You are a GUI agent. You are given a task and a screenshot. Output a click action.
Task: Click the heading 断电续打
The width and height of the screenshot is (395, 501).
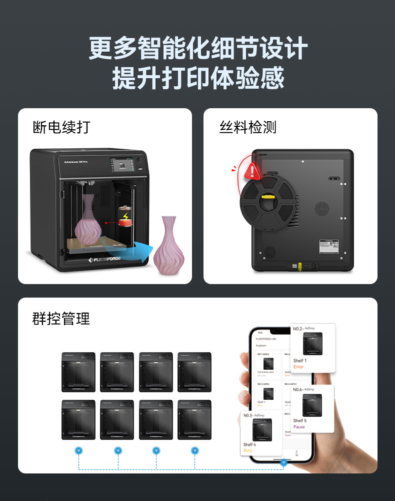tap(61, 127)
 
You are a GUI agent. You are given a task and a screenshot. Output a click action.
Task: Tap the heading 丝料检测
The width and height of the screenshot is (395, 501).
tap(247, 127)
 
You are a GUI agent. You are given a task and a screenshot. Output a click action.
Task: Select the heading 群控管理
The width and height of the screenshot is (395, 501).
tap(61, 319)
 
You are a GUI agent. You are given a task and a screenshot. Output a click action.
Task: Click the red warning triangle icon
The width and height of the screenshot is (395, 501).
tap(253, 171)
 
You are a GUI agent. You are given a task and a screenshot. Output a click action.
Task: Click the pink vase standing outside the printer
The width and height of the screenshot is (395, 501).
tap(168, 245)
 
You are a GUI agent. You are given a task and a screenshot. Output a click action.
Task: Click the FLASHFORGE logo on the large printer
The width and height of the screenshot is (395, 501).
tap(107, 260)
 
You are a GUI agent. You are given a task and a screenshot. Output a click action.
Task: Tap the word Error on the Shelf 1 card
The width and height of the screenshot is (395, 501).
tap(298, 367)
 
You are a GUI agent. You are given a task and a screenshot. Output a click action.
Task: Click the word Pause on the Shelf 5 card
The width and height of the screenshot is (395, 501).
tap(299, 427)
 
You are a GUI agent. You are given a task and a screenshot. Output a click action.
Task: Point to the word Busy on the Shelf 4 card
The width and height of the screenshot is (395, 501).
tap(248, 450)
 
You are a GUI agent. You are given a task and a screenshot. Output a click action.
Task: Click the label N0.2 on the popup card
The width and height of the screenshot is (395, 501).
tap(298, 329)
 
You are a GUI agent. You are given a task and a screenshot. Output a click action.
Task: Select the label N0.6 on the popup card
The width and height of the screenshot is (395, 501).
tap(298, 389)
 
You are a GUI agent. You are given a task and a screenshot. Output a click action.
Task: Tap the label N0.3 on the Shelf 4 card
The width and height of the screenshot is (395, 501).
tap(248, 415)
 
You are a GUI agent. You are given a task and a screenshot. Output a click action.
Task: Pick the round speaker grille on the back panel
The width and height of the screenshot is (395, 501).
tap(321, 208)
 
